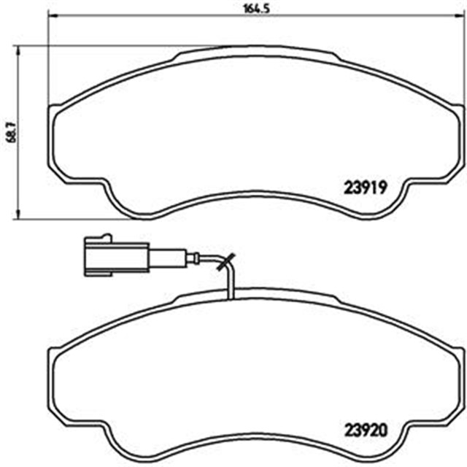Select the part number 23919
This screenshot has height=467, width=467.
tap(364, 186)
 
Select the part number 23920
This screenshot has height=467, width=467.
tap(364, 430)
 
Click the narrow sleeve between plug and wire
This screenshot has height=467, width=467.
tap(167, 257)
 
